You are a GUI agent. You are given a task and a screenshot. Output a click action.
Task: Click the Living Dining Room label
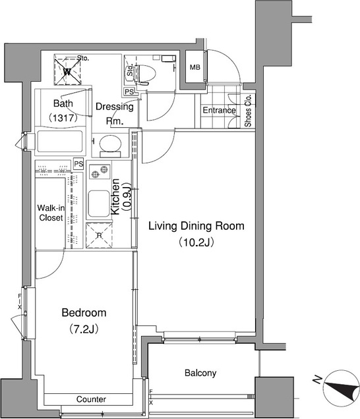coord(196,226)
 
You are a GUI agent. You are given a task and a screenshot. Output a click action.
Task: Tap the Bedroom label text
coord(84,312)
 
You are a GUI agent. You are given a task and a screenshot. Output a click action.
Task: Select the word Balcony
coord(200,373)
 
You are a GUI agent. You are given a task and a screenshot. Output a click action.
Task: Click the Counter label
coord(91,399)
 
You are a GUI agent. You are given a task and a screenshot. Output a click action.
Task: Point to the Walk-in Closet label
coord(51,213)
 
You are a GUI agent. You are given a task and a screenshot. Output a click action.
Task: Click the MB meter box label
coord(195,67)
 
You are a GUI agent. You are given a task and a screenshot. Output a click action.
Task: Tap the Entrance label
coord(219,110)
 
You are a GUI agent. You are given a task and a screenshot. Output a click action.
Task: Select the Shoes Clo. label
coord(248,111)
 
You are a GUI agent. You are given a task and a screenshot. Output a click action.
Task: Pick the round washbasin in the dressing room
coord(110,144)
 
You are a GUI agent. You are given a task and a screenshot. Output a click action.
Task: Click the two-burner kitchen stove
coord(100,172)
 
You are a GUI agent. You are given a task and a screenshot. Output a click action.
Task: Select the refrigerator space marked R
coord(99,235)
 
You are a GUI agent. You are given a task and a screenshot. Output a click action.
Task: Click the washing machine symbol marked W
coord(67,71)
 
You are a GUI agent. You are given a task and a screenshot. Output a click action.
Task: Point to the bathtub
coord(59,142)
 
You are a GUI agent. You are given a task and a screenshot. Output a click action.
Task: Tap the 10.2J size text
coord(196,242)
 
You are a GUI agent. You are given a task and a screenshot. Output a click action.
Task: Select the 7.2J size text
coord(84,329)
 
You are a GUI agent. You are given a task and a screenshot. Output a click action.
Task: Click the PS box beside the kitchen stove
coord(78,164)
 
